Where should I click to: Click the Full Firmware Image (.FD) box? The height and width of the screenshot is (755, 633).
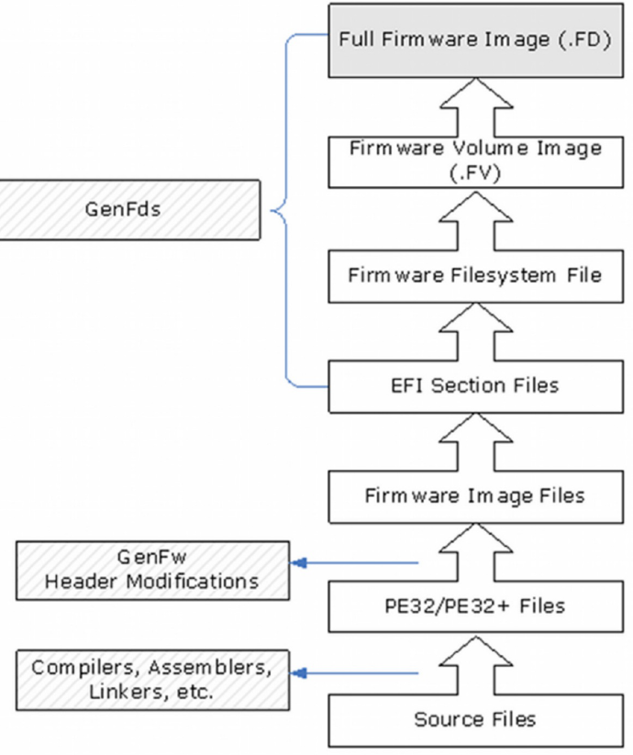(x=474, y=40)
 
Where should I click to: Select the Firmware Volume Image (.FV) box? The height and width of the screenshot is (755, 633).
(x=474, y=160)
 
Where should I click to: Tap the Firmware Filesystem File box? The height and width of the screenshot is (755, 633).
(x=474, y=275)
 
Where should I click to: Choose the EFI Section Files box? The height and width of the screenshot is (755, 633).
(x=474, y=385)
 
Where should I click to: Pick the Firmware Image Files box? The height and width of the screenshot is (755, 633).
(x=474, y=495)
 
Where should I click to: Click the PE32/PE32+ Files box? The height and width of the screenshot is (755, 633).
(x=474, y=605)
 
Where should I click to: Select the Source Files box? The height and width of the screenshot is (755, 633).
(x=474, y=718)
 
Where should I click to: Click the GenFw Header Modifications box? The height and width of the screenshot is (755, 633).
(x=151, y=572)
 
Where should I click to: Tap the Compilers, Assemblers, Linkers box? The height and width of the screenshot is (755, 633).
(x=151, y=679)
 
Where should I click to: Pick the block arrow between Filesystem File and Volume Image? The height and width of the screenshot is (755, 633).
(x=474, y=217)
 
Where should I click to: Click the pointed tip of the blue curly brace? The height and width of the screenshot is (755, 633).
(x=273, y=210)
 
